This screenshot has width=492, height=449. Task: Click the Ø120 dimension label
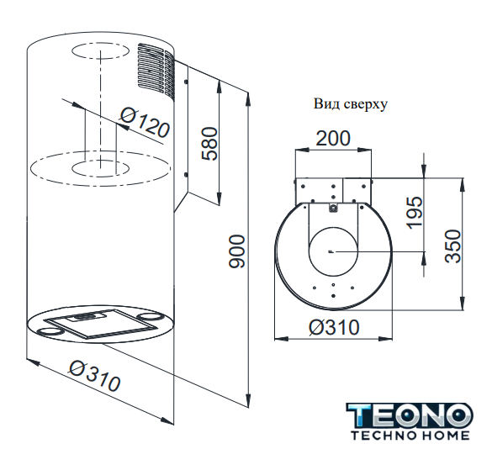coord(145,123)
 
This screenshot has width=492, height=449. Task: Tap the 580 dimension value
coord(209,144)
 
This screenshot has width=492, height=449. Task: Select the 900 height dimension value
coord(236,251)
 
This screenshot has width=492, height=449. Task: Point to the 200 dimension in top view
coord(332,139)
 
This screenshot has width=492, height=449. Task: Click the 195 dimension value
coord(414,213)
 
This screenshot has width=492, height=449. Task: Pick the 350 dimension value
coord(453,246)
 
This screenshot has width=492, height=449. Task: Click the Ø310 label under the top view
coord(334,327)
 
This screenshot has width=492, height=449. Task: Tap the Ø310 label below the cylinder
coord(95,376)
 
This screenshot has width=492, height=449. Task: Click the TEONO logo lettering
coord(410,415)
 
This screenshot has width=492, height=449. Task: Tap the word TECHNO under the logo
coord(386,436)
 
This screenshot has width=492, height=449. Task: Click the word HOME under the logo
coord(448,436)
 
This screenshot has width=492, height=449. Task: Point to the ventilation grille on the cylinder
coord(156,70)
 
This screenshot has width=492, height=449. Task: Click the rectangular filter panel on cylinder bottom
coord(100,323)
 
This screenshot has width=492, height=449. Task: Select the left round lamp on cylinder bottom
coord(49,330)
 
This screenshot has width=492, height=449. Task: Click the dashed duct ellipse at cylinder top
coord(100,52)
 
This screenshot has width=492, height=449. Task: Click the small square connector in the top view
coord(333,208)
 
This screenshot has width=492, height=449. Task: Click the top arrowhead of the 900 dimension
coord(248,99)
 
